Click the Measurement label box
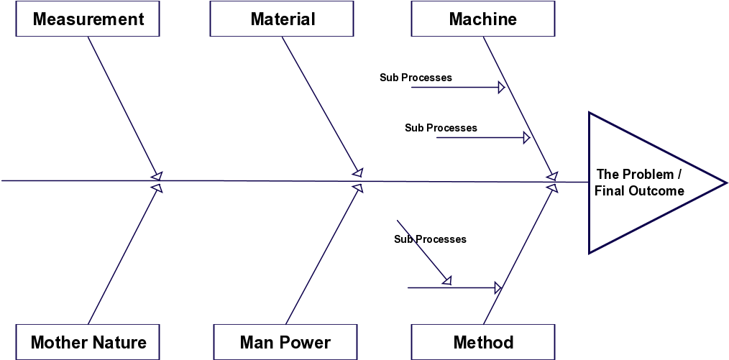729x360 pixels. tap(88, 19)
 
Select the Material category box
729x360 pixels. tap(283, 19)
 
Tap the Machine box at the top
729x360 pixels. tap(482, 19)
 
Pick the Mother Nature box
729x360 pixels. tap(88, 342)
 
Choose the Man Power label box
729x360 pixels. tap(285, 342)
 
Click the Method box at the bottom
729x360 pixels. tap(483, 342)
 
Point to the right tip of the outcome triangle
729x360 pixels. tap(723, 182)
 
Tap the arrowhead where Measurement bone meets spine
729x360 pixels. tap(157, 175)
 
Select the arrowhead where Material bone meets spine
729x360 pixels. tap(358, 173)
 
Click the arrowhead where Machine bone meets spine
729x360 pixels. tap(552, 175)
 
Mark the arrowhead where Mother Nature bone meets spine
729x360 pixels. tap(157, 188)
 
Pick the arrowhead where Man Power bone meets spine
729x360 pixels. tap(357, 188)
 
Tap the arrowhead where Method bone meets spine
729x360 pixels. tap(552, 188)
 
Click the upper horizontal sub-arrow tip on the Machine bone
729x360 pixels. tap(501, 88)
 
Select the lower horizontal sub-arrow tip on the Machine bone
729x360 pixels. tap(526, 137)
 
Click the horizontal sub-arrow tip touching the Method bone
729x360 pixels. tap(497, 288)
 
